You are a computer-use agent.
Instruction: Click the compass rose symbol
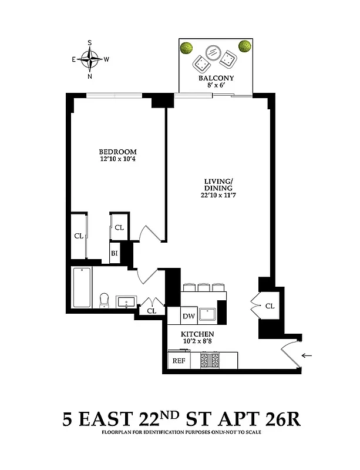[x=90, y=59]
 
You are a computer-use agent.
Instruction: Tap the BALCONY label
[x=216, y=78]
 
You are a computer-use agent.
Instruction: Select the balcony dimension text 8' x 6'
[x=216, y=86]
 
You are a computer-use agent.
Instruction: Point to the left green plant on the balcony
[x=187, y=48]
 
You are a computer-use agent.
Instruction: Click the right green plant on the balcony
[x=244, y=46]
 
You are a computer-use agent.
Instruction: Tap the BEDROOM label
[x=114, y=151]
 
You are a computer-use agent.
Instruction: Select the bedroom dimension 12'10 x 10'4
[x=114, y=159]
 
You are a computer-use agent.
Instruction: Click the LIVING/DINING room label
[x=216, y=185]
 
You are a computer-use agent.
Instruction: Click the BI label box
[x=115, y=254]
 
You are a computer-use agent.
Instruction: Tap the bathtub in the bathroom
[x=82, y=287]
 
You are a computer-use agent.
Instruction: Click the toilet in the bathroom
[x=105, y=300]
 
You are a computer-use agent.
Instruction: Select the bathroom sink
[x=126, y=302]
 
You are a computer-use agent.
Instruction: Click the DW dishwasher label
[x=189, y=315]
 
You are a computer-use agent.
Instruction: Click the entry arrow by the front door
[x=307, y=355]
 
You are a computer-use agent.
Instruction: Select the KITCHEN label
[x=201, y=334]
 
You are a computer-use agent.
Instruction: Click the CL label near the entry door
[x=270, y=305]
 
